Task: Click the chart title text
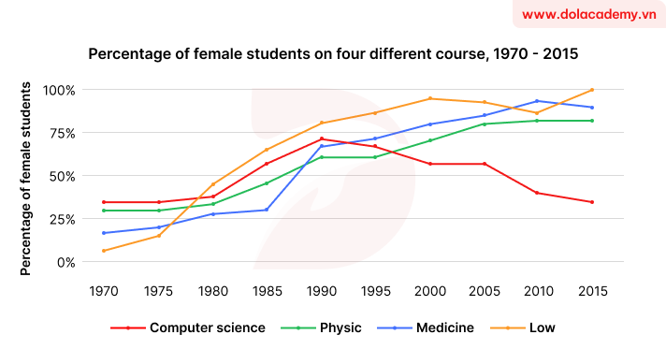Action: point(333,55)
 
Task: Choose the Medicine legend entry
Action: point(431,328)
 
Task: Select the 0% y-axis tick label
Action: point(66,262)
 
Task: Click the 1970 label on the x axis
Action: point(103,291)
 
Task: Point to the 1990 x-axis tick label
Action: point(321,291)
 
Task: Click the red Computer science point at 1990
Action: point(321,138)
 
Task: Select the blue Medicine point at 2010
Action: point(538,101)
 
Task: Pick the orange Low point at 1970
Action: point(103,251)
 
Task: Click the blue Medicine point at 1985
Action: point(267,210)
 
